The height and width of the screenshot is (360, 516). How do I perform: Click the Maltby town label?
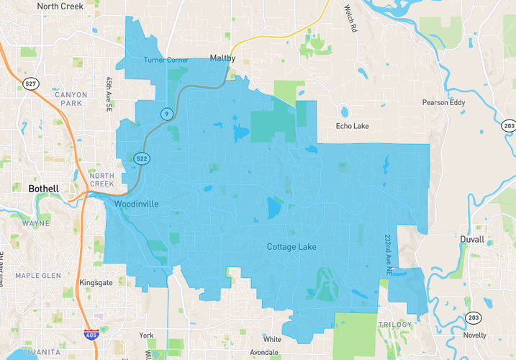point(222,58)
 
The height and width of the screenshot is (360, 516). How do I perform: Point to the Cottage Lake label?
point(291,247)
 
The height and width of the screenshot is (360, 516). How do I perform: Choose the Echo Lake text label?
point(353,127)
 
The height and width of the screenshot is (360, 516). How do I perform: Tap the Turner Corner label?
point(166,60)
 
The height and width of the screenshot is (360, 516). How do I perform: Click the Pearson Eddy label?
point(445,102)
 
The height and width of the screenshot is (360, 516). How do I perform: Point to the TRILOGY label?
point(395,325)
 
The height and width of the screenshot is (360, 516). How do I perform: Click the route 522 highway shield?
point(142,158)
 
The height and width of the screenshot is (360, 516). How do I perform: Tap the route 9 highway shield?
point(166,114)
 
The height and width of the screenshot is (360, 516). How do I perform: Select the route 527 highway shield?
point(30,84)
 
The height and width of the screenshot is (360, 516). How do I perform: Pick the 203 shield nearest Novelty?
point(473,318)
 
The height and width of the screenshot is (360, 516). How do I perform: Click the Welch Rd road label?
point(350,19)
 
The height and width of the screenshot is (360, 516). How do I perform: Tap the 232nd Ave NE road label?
point(387,255)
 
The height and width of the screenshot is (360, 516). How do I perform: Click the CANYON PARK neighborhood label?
point(71,99)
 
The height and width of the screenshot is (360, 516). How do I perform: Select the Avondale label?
point(264,353)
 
